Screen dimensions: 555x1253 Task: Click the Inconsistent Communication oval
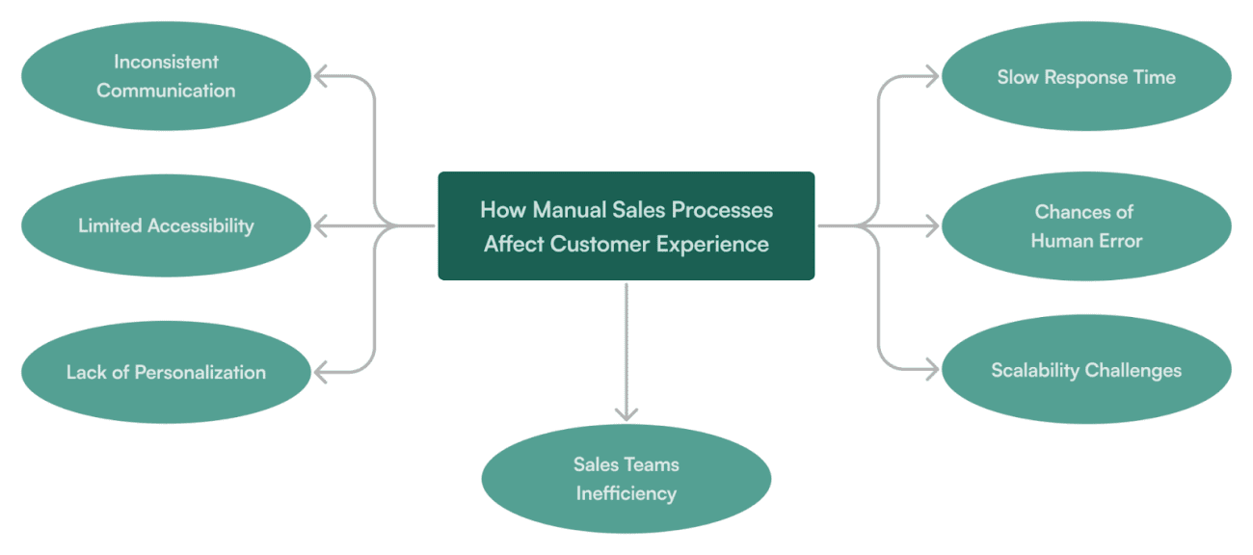coord(166,76)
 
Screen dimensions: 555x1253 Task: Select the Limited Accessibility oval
coord(166,225)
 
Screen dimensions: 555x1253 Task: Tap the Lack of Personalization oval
coord(166,372)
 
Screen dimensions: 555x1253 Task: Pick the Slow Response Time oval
coord(1086,77)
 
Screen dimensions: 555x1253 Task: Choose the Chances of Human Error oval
coord(1086,226)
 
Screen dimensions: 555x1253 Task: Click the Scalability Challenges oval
coord(1086,371)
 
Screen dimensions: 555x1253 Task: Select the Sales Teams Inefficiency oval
coord(626,479)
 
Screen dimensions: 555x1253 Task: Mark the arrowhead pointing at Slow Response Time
coord(931,77)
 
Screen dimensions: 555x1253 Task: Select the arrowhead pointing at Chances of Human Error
coord(931,226)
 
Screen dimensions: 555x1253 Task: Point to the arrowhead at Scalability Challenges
coord(931,370)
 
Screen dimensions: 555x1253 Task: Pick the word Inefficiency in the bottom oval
coord(626,493)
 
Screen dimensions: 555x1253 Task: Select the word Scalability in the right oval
coord(1035,371)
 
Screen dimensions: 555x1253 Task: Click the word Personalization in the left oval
coord(200,372)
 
